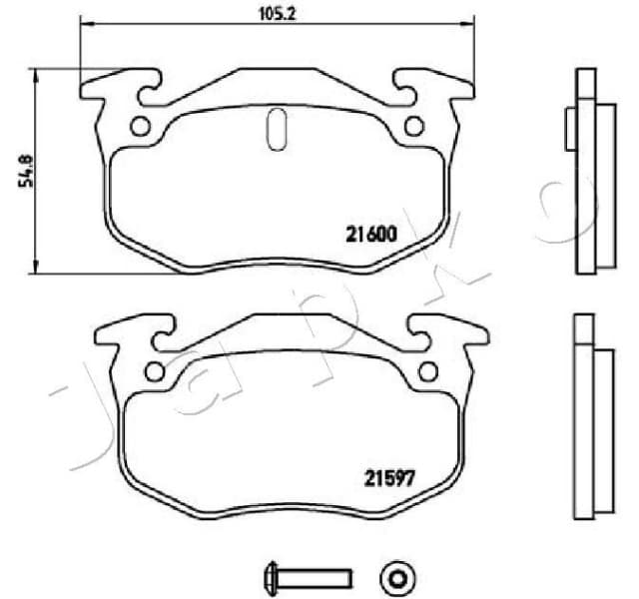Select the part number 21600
pos(372,235)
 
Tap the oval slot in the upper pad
pos(278,131)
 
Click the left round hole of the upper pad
pos(140,127)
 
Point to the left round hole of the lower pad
pos(154,371)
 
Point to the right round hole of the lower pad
pos(428,371)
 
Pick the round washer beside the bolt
pos(397,576)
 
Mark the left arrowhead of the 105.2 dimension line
pos(83,24)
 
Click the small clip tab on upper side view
pos(569,128)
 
